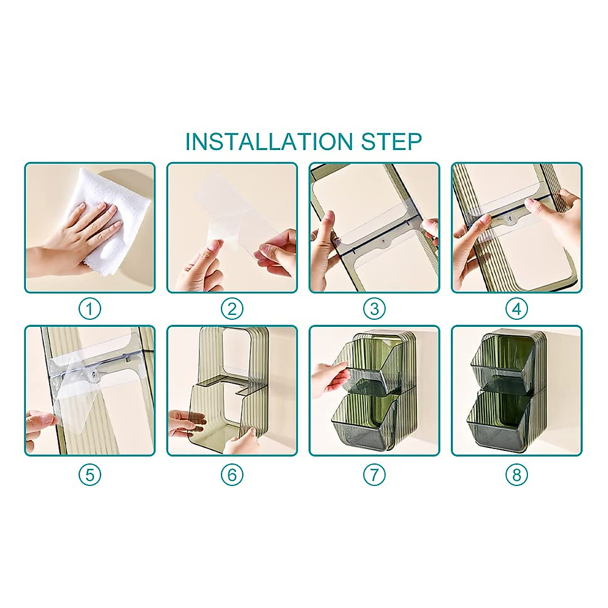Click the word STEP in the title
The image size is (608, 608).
tap(391, 141)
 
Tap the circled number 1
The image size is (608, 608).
tap(90, 309)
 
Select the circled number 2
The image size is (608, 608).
tap(232, 309)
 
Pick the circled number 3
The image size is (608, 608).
tap(374, 309)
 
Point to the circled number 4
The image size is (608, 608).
tap(517, 309)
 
